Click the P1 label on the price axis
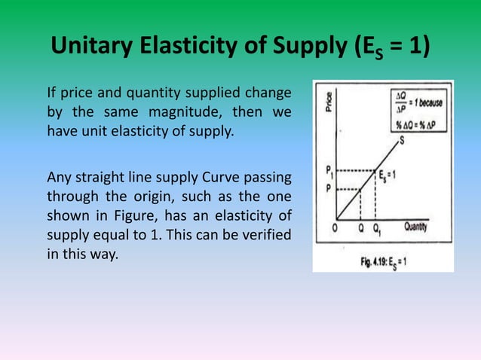[328, 170]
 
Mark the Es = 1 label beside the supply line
[412, 178]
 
